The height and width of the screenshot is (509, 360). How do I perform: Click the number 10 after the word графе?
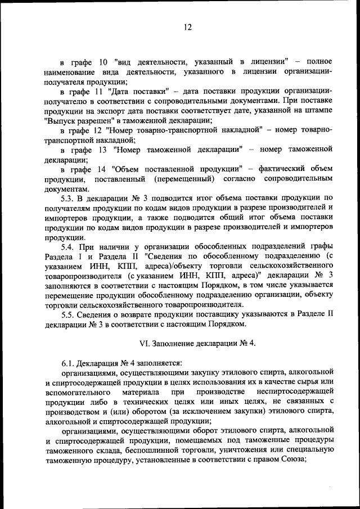(x=103, y=61)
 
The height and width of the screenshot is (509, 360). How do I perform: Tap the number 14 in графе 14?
(x=102, y=168)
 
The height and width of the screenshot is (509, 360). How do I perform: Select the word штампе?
(x=317, y=110)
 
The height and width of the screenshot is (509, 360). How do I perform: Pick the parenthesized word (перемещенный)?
(x=184, y=178)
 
